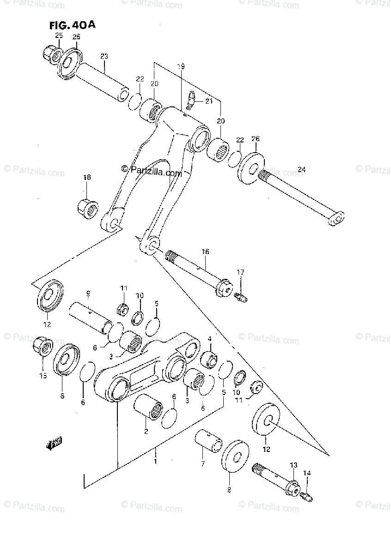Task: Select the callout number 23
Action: pos(104,56)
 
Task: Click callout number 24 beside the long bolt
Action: pos(301,169)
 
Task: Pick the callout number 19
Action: pos(181,67)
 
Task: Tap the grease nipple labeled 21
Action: pos(191,99)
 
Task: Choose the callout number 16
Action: pos(205,252)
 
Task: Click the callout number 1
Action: pos(156,461)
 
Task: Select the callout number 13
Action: pos(293,464)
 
